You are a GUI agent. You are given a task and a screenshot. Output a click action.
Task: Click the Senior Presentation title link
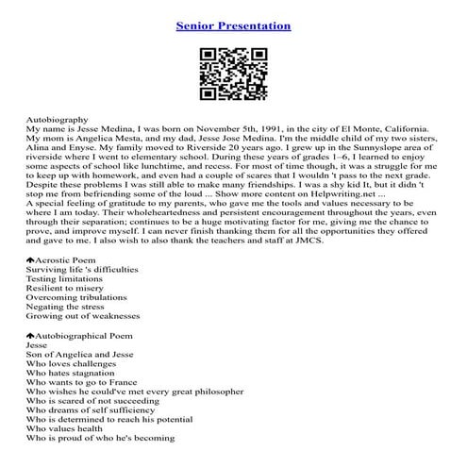point(233,25)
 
